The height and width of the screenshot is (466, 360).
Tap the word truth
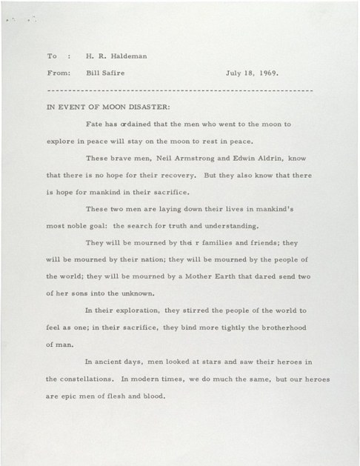pos(183,226)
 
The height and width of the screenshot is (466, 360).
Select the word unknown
pos(145,293)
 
